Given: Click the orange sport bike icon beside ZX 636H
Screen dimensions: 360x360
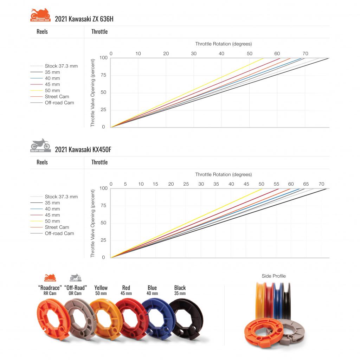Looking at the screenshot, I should click(x=40, y=15).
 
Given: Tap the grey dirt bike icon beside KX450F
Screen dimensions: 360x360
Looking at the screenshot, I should click(x=40, y=145).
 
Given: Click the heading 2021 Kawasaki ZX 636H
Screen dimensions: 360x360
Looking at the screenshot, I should click(x=84, y=19).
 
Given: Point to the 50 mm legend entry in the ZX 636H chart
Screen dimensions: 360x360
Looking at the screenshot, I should click(x=52, y=91).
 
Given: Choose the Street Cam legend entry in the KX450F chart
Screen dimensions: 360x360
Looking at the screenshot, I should click(x=57, y=227).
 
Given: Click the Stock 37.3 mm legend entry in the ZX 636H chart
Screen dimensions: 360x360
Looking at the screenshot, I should click(x=61, y=66).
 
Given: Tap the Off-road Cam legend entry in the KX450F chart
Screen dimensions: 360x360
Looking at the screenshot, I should click(x=59, y=233).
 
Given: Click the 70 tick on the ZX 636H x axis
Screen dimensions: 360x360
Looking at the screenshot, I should click(x=305, y=54).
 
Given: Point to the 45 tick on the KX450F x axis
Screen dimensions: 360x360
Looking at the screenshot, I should click(x=246, y=184).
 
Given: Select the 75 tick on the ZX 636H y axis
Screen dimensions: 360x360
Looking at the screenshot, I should click(x=103, y=75).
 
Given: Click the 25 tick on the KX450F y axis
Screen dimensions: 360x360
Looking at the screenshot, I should click(x=103, y=240).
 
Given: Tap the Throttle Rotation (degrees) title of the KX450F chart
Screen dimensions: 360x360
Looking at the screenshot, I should click(x=224, y=174).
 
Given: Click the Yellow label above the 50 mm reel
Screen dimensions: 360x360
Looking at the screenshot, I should click(x=101, y=288).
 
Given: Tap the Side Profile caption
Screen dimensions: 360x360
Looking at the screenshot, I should click(x=274, y=276).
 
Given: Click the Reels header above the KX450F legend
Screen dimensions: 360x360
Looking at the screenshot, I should click(x=42, y=162).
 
